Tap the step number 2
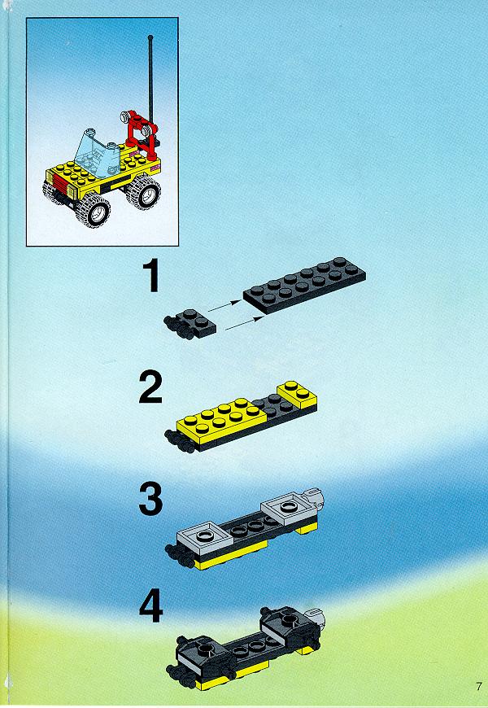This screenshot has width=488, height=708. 150,387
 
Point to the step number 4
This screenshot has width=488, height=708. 150,608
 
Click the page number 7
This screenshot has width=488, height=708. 478,687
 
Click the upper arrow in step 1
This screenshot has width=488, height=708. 224,306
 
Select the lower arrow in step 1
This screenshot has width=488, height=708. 244,323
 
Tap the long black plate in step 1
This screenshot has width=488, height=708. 304,285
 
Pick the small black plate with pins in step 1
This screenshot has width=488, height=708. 190,324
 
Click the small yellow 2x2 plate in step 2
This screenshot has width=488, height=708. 297,395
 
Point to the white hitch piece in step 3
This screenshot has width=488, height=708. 316,496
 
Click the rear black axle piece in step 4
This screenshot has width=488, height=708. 288,625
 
